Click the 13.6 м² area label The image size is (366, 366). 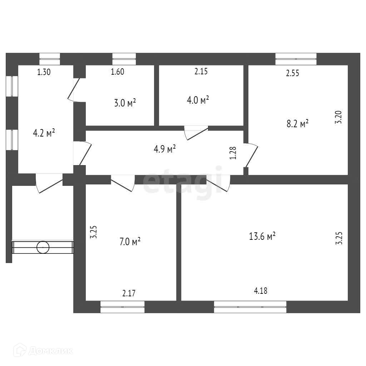pyautogui.click(x=262, y=236)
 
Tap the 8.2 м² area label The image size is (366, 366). pyautogui.click(x=297, y=124)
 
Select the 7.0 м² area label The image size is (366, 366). pyautogui.click(x=129, y=242)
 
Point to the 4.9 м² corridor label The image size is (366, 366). pyautogui.click(x=165, y=149)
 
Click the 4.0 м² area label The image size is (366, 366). pyautogui.click(x=198, y=100)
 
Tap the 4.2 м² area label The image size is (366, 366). pyautogui.click(x=44, y=133)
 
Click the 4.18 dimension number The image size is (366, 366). pyautogui.click(x=261, y=291)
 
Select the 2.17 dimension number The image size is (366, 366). pyautogui.click(x=129, y=294)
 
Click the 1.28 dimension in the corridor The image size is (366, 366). pyautogui.click(x=233, y=153)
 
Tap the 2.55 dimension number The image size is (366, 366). pyautogui.click(x=292, y=74)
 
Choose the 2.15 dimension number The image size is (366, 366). pyautogui.click(x=201, y=71)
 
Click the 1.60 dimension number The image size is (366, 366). pyautogui.click(x=117, y=72)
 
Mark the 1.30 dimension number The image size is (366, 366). pyautogui.click(x=44, y=72)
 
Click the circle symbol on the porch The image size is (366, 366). pyautogui.click(x=43, y=247)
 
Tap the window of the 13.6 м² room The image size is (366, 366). pyautogui.click(x=250, y=307)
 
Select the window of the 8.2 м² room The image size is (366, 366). pyautogui.click(x=296, y=59)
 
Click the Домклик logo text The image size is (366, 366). pyautogui.click(x=50, y=351)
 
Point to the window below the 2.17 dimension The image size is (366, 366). pyautogui.click(x=122, y=307)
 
